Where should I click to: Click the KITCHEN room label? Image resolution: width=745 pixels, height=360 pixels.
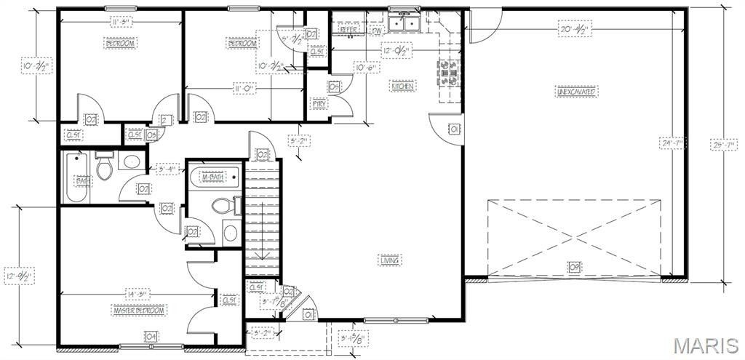pyautogui.click(x=403, y=87)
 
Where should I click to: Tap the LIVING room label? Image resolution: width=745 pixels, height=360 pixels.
pyautogui.click(x=390, y=260)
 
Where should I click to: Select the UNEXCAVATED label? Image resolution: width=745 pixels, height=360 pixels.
pyautogui.click(x=576, y=92)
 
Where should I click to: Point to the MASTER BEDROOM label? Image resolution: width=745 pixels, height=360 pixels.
pyautogui.click(x=139, y=311)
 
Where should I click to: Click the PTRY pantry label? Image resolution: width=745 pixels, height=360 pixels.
pyautogui.click(x=319, y=104)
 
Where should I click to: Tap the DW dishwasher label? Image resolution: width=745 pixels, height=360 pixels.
pyautogui.click(x=377, y=31)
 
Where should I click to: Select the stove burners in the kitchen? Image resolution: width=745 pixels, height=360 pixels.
pyautogui.click(x=447, y=71)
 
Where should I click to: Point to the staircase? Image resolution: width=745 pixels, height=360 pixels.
pyautogui.click(x=262, y=218)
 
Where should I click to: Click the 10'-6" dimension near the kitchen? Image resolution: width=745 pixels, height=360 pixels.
pyautogui.click(x=364, y=68)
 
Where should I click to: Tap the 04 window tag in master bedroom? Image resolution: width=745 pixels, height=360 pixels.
pyautogui.click(x=151, y=336)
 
